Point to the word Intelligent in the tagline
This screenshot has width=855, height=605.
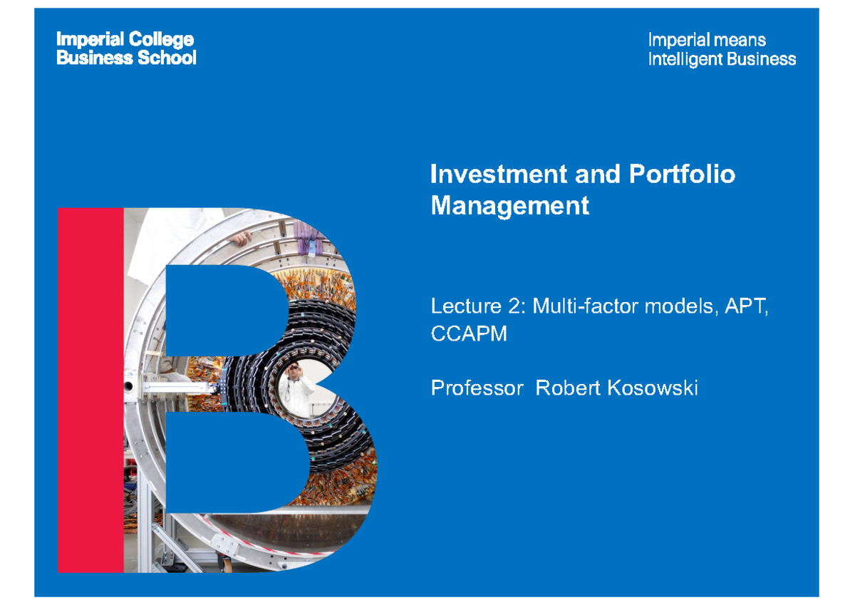coord(683,59)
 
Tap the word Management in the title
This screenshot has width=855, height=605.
coord(510,206)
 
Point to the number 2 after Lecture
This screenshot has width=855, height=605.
coord(516,307)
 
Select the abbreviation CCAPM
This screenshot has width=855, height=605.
coord(469,333)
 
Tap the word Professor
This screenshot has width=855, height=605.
coord(476,388)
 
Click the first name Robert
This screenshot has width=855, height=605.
coord(567,388)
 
